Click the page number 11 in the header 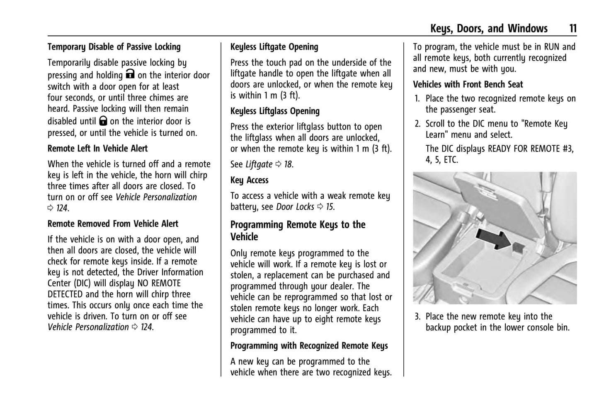pyautogui.click(x=572, y=29)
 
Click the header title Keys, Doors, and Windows pyautogui.click(x=489, y=29)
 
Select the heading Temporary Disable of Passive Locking pyautogui.click(x=114, y=47)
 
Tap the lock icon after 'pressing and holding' pyautogui.click(x=130, y=75)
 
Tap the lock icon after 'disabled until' pyautogui.click(x=103, y=121)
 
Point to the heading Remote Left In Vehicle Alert pyautogui.click(x=97, y=149)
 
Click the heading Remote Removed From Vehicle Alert pyautogui.click(x=113, y=224)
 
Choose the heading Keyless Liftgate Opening pyautogui.click(x=274, y=47)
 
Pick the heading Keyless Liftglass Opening pyautogui.click(x=275, y=111)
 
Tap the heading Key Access pyautogui.click(x=249, y=180)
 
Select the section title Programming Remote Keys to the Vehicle pyautogui.click(x=298, y=231)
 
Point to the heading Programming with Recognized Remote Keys pyautogui.click(x=309, y=346)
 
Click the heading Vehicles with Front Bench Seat pyautogui.click(x=468, y=85)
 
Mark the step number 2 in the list pyautogui.click(x=417, y=124)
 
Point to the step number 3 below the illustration pyautogui.click(x=417, y=317)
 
